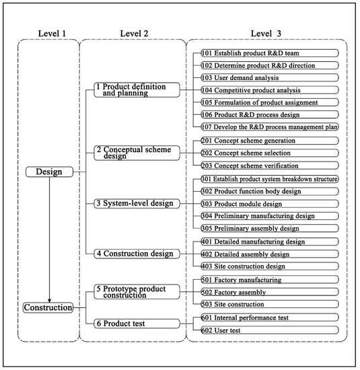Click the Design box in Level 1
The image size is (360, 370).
48,172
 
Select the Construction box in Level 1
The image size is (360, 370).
48,307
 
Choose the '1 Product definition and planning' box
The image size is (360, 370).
137,90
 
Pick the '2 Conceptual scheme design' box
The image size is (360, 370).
137,153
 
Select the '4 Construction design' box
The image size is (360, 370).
137,254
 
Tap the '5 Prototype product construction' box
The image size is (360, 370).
137,292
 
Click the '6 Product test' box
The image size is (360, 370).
137,323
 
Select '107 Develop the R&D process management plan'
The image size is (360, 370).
270,126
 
